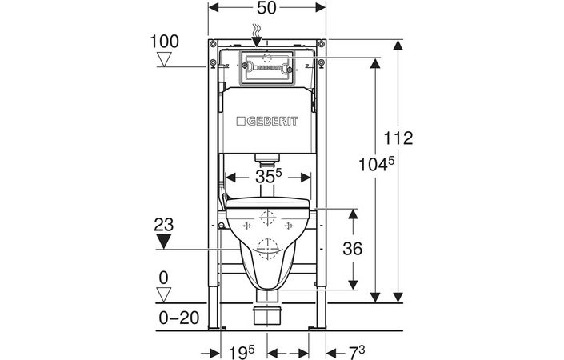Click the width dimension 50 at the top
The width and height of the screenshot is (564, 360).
pos(266,8)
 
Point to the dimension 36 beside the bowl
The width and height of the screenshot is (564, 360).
pos(351,249)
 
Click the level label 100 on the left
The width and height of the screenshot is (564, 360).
pos(164,40)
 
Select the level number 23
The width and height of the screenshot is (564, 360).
pos(165,224)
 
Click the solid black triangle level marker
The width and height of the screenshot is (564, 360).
pos(165,240)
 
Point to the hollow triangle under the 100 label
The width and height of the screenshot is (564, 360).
pos(165,59)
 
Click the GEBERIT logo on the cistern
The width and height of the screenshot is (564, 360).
pos(267,122)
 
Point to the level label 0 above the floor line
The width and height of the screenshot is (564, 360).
pos(165,277)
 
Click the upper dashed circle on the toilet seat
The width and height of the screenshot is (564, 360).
pos(267,217)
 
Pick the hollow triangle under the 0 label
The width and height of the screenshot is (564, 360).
pos(165,294)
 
